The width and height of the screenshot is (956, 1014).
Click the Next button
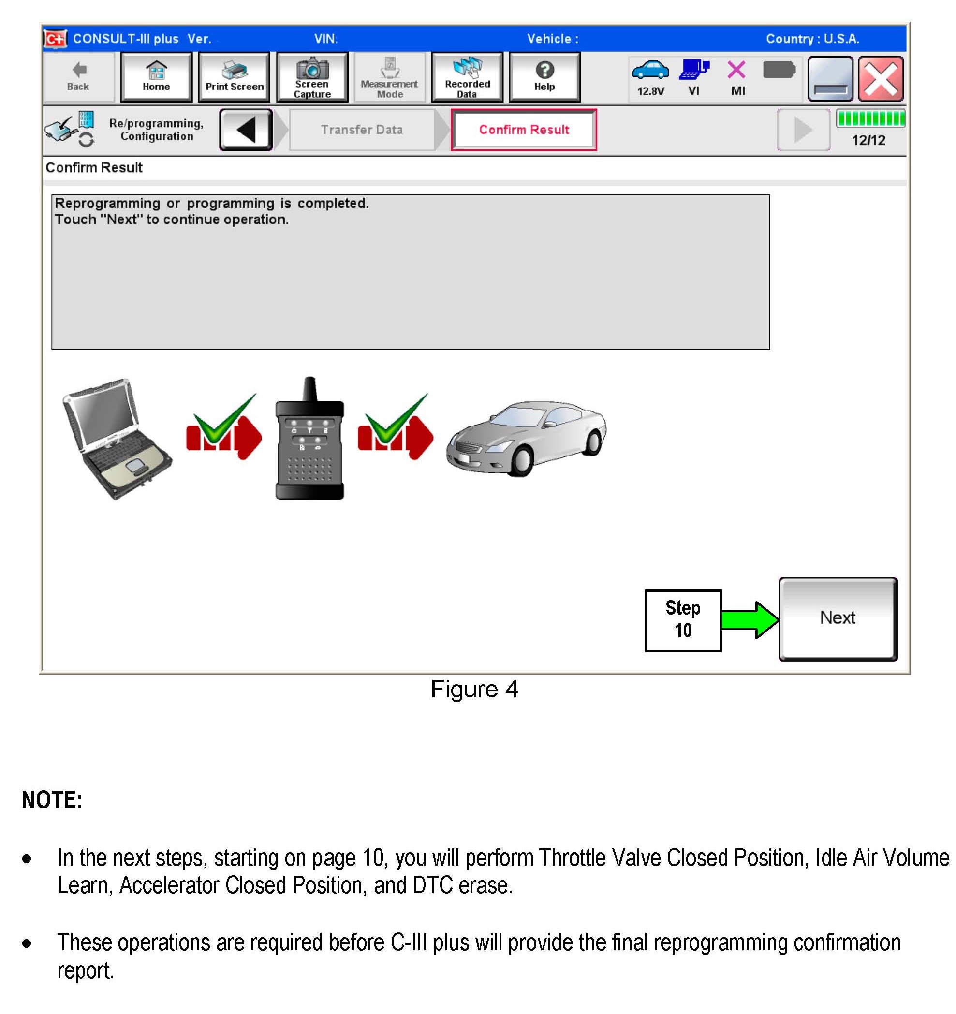(837, 619)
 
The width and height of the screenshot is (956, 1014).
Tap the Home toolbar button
(156, 77)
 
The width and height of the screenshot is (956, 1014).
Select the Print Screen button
(234, 77)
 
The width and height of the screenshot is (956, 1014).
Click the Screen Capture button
(312, 77)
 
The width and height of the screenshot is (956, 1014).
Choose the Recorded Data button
(467, 77)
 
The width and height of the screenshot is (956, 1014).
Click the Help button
(544, 77)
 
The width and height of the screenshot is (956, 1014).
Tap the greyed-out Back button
(78, 77)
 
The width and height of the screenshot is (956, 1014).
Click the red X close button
(880, 79)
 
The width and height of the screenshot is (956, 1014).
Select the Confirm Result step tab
(523, 130)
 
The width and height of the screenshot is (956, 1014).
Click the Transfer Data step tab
(362, 130)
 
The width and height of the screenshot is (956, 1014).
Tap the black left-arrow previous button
(246, 130)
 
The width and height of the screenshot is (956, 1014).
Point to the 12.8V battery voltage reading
(650, 91)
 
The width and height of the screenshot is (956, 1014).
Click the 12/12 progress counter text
(868, 140)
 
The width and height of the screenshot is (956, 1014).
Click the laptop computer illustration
(117, 438)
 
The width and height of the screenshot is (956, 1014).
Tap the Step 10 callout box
(683, 620)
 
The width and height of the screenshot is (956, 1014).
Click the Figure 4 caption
(474, 689)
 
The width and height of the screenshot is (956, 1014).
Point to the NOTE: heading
(52, 799)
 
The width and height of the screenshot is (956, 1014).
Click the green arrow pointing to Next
(749, 620)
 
